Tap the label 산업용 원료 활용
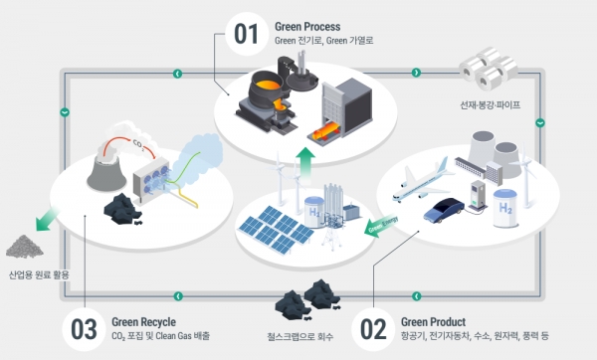[x=39, y=274]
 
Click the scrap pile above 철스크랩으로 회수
[x=309, y=295]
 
